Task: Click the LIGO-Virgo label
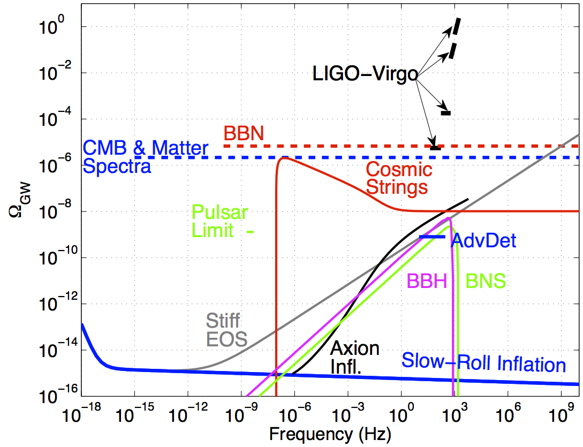click(365, 74)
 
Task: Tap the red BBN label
click(244, 134)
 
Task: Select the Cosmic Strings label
click(399, 178)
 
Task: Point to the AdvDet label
click(484, 240)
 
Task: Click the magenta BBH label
click(427, 281)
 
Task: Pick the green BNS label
click(486, 281)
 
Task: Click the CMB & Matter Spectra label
click(145, 156)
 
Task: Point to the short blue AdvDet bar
click(432, 237)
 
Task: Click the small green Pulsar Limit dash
click(249, 232)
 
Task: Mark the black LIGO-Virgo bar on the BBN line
click(435, 147)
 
